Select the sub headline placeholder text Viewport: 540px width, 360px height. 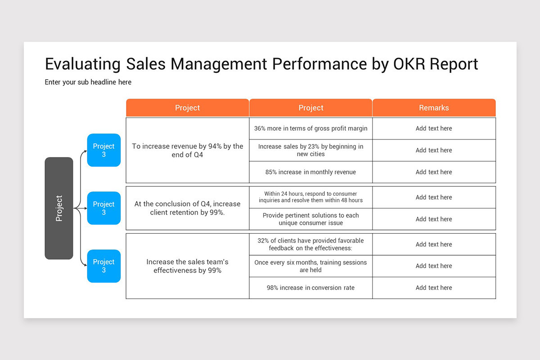tap(88, 82)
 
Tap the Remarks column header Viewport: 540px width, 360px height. tap(434, 108)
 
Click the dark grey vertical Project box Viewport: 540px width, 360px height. tap(59, 208)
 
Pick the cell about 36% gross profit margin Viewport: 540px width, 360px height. tap(310, 129)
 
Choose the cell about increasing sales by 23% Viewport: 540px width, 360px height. tap(310, 150)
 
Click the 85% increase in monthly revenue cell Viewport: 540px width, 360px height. tap(310, 172)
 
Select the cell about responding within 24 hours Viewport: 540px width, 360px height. tap(310, 197)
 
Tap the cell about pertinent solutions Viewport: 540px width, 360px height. tap(310, 219)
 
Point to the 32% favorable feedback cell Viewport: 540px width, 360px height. tap(310, 244)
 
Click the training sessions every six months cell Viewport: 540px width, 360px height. tap(310, 266)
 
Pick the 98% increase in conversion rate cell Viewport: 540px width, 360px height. tap(310, 288)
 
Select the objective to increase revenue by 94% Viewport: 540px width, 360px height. tap(188, 150)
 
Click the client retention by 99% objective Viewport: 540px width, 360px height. tap(188, 208)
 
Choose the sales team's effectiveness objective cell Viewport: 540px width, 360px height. tap(188, 266)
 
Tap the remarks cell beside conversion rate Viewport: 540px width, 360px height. tap(434, 288)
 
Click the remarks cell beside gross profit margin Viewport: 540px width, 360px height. tap(434, 129)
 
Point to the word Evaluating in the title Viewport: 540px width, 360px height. tap(83, 64)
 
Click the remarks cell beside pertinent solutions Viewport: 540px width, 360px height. tap(434, 219)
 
